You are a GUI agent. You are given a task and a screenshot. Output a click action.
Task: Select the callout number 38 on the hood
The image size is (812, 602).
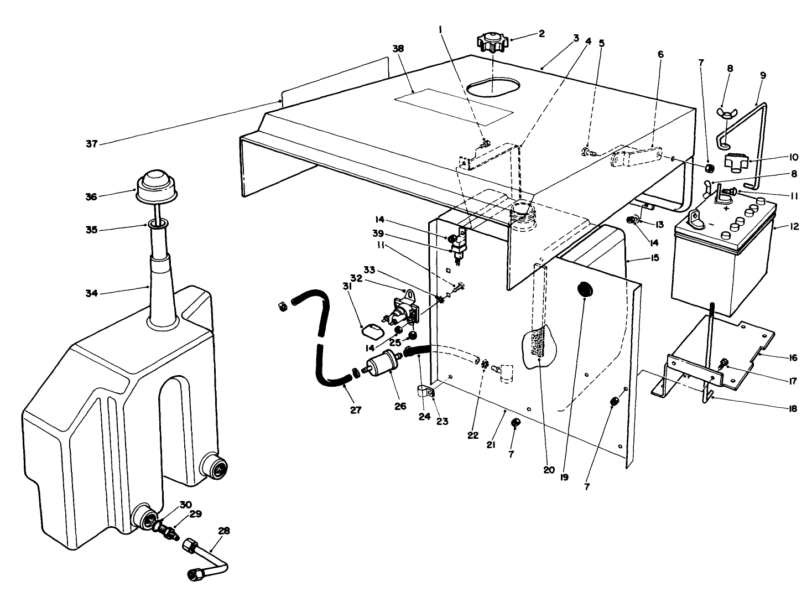point(398,49)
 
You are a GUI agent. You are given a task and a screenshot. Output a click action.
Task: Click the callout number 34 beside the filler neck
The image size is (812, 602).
point(91,293)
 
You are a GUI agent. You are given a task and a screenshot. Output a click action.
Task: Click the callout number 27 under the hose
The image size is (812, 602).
point(356,410)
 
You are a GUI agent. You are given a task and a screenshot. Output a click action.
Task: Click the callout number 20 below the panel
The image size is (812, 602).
point(548,470)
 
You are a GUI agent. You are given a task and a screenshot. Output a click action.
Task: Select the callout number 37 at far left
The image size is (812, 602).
point(91,144)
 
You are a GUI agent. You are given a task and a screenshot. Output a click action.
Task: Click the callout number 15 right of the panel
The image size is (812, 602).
point(655,258)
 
